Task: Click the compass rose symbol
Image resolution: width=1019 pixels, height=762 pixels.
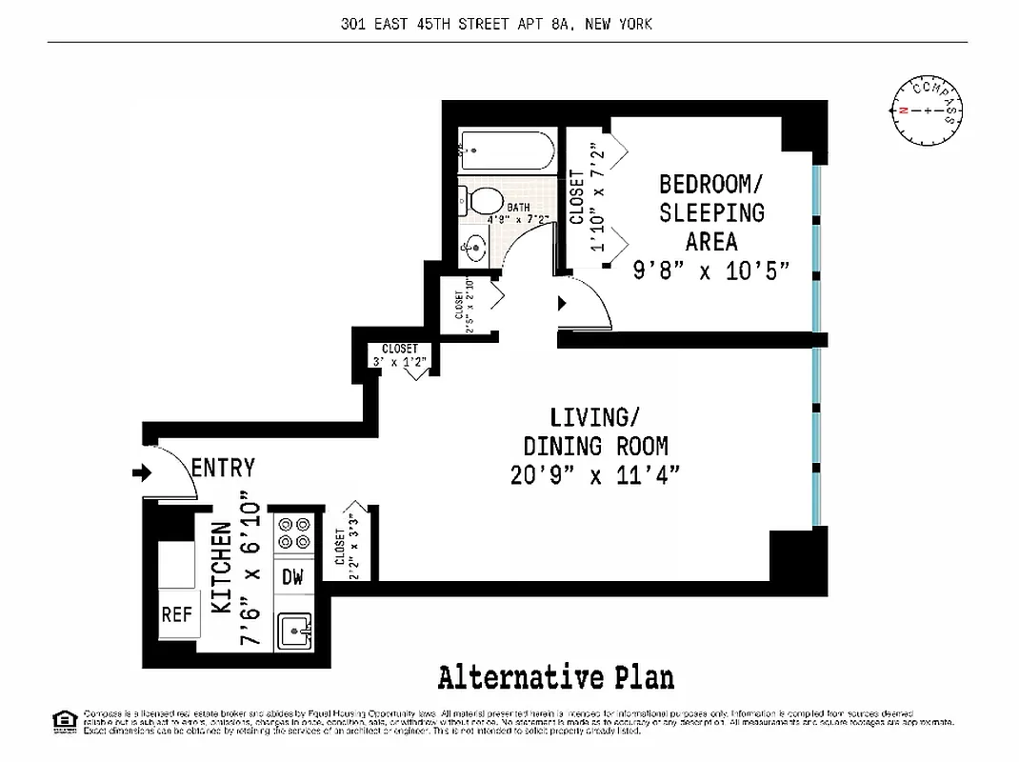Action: point(924,111)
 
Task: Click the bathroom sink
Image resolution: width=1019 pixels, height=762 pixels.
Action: point(474,249)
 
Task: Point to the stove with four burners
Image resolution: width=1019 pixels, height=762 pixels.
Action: point(292,533)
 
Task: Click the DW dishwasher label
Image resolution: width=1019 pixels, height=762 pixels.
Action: point(292,576)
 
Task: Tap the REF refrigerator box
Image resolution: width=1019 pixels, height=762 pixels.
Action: point(177,614)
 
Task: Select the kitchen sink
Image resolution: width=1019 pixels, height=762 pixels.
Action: point(294,629)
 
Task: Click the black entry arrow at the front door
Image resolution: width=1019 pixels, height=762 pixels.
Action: point(142,472)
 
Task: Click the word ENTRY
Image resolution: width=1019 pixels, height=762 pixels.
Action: point(223,468)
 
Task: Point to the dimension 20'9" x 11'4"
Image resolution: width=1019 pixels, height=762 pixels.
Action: point(595,474)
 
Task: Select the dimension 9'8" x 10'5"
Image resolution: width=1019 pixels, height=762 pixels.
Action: point(711,271)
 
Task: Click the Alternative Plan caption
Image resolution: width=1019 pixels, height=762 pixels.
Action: point(556,677)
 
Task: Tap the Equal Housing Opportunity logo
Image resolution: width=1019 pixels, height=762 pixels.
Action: point(65,721)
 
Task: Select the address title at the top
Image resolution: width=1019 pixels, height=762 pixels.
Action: point(496,24)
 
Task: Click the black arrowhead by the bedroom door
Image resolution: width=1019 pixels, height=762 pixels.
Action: point(562,303)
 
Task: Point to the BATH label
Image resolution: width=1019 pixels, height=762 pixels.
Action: point(518,207)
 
